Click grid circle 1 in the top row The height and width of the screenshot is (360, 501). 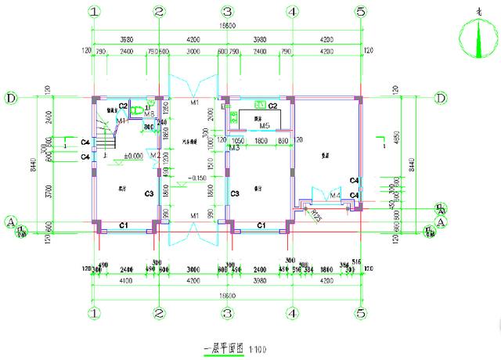[94, 12]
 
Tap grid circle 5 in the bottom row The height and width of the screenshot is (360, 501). [361, 314]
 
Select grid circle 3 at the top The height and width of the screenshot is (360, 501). [227, 12]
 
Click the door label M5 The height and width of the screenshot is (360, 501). [265, 125]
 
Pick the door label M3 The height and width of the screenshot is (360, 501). [233, 147]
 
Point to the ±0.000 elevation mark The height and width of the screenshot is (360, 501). [133, 156]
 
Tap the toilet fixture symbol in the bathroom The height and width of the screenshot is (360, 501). [138, 112]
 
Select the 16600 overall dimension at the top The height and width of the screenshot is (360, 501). [227, 27]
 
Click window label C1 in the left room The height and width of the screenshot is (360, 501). [123, 225]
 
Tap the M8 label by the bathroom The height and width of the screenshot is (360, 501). [149, 121]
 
